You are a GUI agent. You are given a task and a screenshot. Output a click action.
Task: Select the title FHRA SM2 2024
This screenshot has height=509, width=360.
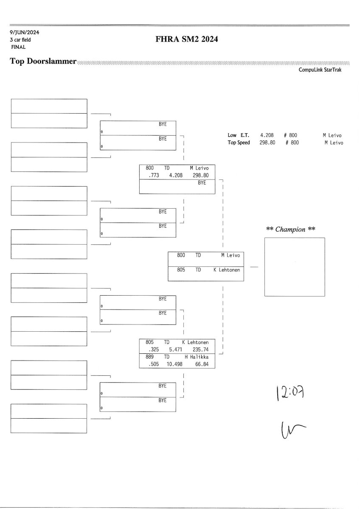(187, 40)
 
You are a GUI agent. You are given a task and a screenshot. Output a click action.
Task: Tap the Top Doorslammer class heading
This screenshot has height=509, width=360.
(43, 62)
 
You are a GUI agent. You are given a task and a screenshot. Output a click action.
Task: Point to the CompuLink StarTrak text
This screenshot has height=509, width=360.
(320, 70)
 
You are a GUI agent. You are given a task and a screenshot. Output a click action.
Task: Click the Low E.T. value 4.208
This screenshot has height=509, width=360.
(267, 135)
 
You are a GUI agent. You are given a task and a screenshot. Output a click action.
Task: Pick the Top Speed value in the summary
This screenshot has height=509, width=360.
(267, 143)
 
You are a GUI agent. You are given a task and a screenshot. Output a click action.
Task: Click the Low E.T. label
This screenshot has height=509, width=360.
(238, 135)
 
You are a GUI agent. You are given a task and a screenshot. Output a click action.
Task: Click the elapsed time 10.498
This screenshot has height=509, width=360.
(174, 364)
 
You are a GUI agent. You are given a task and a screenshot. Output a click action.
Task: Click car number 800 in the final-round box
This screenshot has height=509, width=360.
(181, 255)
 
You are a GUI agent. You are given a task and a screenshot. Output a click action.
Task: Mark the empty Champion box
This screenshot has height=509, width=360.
(295, 267)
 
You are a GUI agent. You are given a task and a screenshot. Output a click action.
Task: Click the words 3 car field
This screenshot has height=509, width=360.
(20, 40)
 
